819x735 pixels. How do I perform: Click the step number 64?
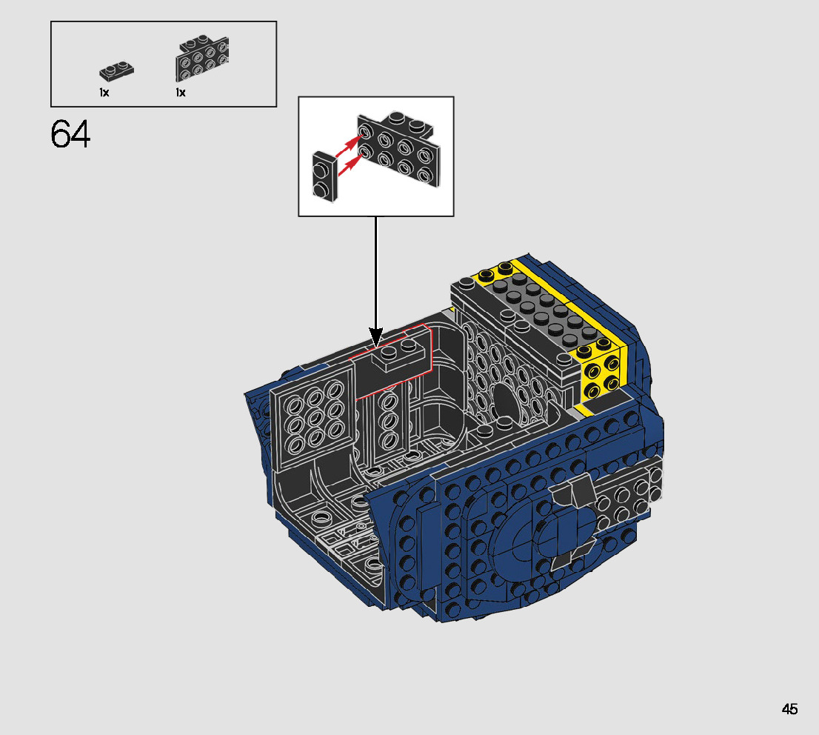coord(70,134)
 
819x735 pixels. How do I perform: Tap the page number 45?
coord(789,709)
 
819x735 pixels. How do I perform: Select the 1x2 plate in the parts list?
coord(116,72)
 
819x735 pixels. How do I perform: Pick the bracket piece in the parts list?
coord(202,58)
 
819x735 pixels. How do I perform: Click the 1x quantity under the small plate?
coord(104,93)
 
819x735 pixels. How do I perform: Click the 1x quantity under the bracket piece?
coord(181,93)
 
